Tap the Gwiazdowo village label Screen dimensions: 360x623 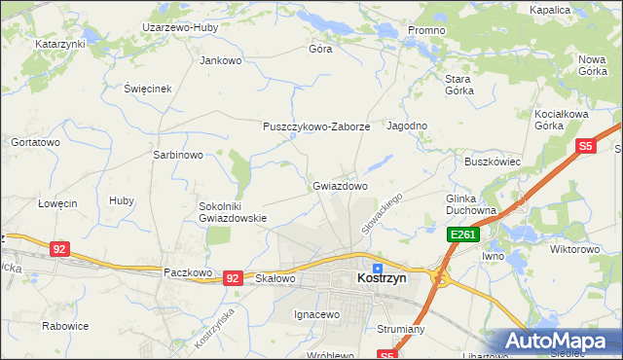pos(340,185)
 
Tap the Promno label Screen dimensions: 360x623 pos(426,30)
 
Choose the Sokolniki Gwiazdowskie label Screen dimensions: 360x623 pos(233,212)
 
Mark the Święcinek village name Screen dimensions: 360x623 pos(148,88)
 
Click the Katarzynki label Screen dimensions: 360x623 pos(60,45)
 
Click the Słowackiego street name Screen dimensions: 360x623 pos(382,212)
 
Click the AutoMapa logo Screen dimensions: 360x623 pos(561,342)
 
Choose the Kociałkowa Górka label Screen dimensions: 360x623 pos(563,120)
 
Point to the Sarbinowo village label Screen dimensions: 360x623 pos(177,155)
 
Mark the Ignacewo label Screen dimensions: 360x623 pos(316,314)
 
